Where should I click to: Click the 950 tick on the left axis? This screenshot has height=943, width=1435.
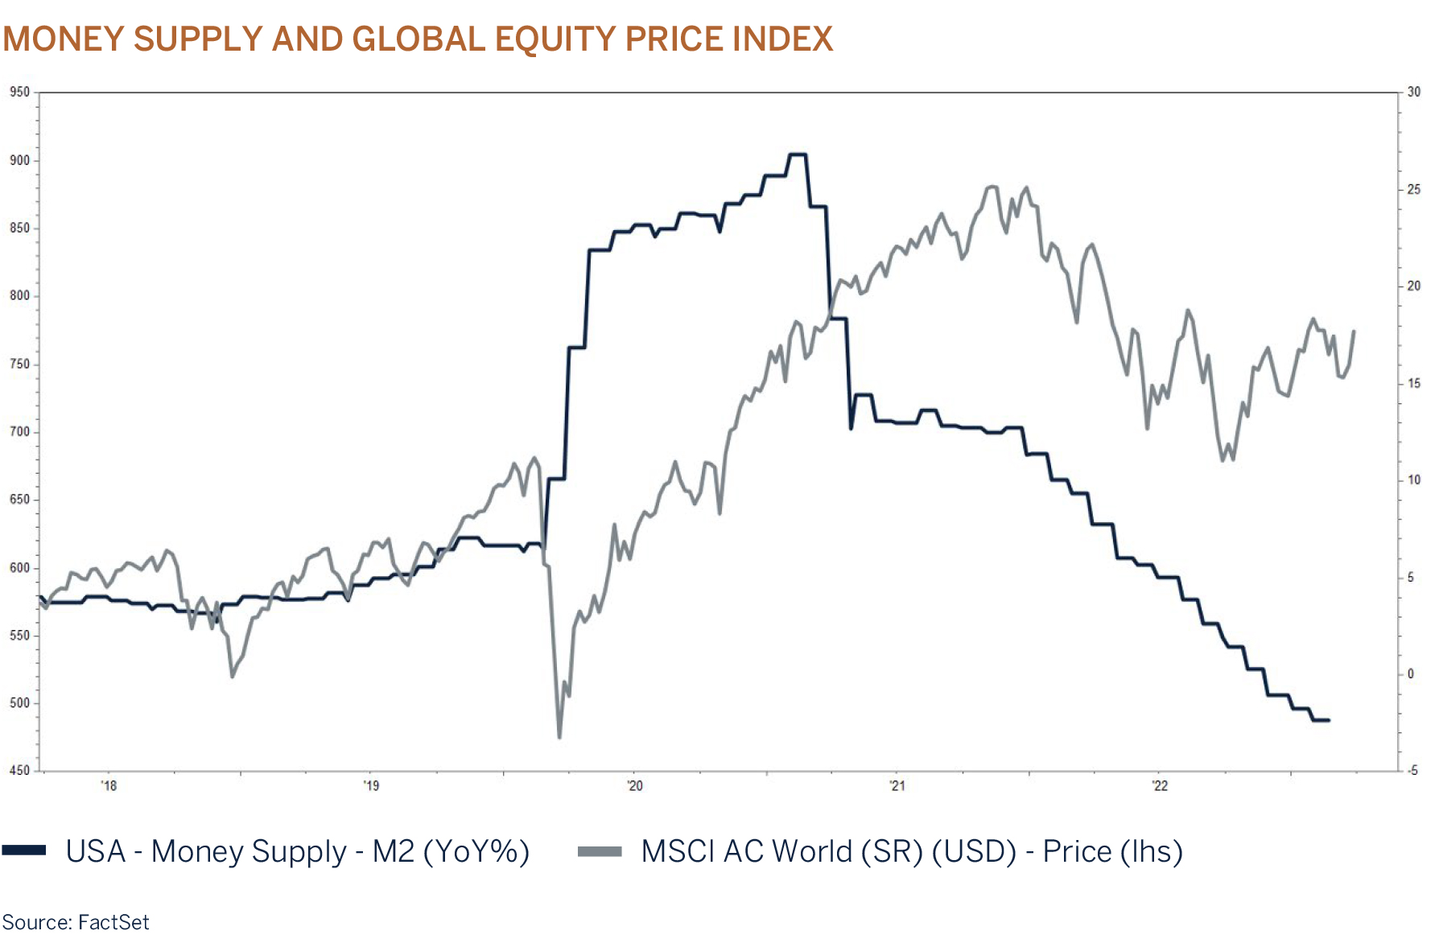pyautogui.click(x=19, y=92)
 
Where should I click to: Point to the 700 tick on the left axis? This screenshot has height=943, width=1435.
pyautogui.click(x=19, y=431)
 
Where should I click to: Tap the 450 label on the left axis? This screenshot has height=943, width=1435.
pyautogui.click(x=19, y=770)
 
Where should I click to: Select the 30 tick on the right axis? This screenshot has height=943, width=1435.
pyautogui.click(x=1414, y=92)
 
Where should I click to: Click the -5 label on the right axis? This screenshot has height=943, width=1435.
pyautogui.click(x=1412, y=770)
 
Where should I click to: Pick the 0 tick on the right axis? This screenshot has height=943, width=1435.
pyautogui.click(x=1411, y=673)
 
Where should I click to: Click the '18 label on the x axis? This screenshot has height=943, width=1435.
pyautogui.click(x=109, y=785)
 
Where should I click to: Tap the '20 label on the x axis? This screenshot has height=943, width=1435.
pyautogui.click(x=634, y=785)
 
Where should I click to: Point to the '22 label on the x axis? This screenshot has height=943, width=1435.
pyautogui.click(x=1159, y=785)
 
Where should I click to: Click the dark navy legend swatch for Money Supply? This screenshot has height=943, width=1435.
pyautogui.click(x=24, y=850)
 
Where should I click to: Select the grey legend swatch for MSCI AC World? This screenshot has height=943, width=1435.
pyautogui.click(x=600, y=850)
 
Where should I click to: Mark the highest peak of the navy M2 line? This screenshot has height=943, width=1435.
pyautogui.click(x=797, y=154)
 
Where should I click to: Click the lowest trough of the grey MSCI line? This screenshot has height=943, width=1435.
pyautogui.click(x=559, y=736)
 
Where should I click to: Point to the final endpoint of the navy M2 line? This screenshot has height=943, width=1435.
pyautogui.click(x=1329, y=720)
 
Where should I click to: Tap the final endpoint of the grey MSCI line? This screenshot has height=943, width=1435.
pyautogui.click(x=1354, y=331)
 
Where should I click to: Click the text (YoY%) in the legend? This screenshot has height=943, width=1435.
pyautogui.click(x=476, y=851)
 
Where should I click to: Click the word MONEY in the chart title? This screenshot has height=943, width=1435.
pyautogui.click(x=64, y=39)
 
